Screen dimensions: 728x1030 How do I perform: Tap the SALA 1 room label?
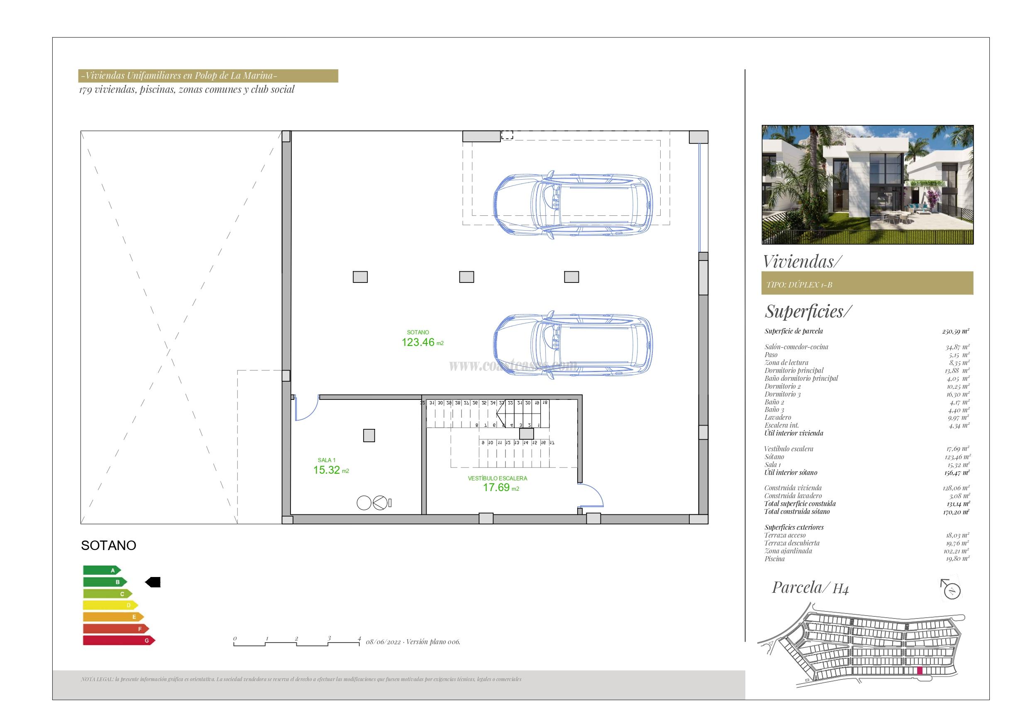coord(326,460)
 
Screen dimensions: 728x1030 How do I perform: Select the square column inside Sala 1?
coord(369,436)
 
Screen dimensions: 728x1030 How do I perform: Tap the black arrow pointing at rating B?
coord(153,582)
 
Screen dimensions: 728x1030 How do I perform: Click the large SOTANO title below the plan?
coord(108,545)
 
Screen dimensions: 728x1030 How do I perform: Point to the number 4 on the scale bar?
coord(359,638)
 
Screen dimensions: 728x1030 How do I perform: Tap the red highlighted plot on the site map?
coord(920,683)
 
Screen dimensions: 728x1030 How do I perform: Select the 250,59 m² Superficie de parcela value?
coord(956,331)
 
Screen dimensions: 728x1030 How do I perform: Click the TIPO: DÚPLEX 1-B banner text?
coord(799,285)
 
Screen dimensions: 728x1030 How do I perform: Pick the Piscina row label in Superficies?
coord(774,559)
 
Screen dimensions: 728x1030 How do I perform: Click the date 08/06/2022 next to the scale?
coord(383,642)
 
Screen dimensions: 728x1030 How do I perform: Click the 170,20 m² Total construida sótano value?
coord(956,512)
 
